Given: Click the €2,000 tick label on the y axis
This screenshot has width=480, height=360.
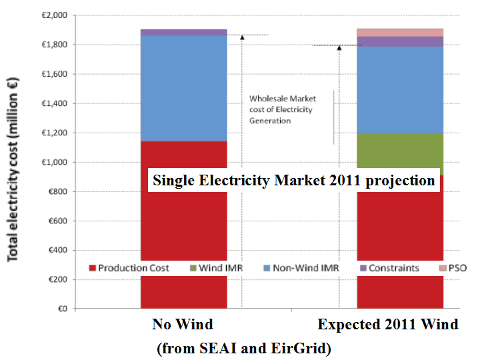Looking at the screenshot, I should click(x=55, y=15).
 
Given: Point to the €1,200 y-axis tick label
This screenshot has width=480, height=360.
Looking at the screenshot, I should click(x=55, y=133).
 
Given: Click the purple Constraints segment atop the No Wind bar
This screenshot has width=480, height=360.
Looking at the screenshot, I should click(x=183, y=32).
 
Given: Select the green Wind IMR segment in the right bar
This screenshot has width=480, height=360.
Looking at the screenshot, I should click(x=400, y=150).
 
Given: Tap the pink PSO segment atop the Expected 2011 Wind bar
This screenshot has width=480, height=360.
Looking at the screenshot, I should click(x=400, y=32).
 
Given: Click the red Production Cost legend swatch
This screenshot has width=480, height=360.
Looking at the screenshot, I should click(x=92, y=268).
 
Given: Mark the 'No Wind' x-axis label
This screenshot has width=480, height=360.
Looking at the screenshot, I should click(x=183, y=325).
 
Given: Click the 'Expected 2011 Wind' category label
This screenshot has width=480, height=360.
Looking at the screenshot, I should click(x=388, y=325).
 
